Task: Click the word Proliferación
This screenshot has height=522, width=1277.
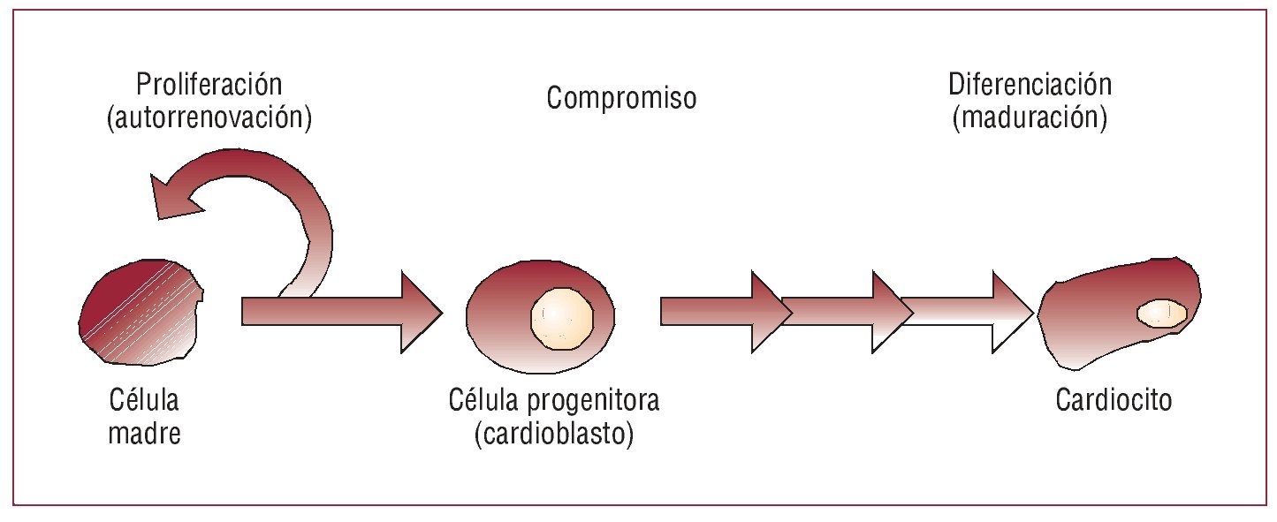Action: tap(209, 86)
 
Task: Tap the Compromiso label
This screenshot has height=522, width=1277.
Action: tap(620, 97)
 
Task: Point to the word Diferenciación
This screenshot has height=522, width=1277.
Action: tap(1030, 86)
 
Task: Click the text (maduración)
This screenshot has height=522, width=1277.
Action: tap(1030, 117)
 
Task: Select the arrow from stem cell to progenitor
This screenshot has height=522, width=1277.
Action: tap(340, 312)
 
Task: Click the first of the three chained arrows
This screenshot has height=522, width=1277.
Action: tap(720, 312)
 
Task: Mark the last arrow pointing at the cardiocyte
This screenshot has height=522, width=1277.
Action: tap(968, 312)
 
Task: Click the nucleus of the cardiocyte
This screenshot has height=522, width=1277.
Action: tap(1160, 313)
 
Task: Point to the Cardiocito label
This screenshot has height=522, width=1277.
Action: tap(1114, 401)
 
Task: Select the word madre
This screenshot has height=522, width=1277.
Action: tap(144, 434)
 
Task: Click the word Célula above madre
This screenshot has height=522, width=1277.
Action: tap(144, 402)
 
